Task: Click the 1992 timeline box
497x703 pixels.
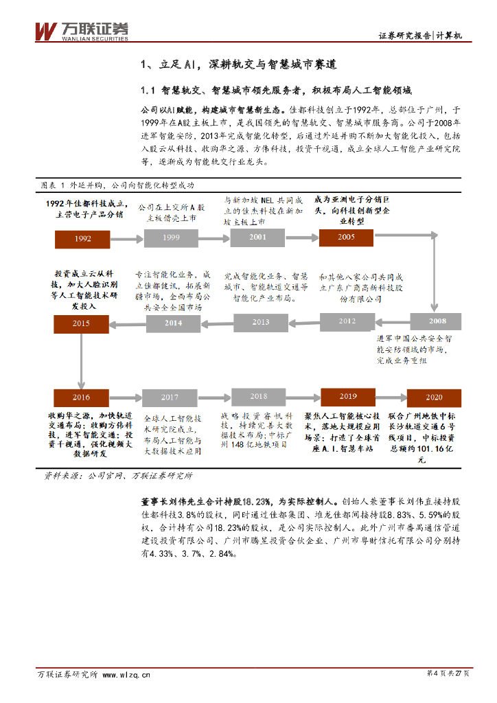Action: [82, 238]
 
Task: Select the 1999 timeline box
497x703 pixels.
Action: [171, 238]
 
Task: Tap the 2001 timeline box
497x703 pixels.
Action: [257, 237]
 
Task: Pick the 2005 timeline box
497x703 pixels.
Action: [347, 237]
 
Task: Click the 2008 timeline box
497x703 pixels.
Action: [437, 321]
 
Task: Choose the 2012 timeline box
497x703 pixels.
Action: [347, 321]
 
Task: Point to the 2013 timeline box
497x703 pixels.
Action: [261, 321]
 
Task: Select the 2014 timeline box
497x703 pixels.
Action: [173, 322]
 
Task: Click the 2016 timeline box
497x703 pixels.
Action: [81, 397]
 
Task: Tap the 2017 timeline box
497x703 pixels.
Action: [170, 397]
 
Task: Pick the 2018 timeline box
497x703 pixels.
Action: [258, 396]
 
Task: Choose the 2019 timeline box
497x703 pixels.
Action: [347, 396]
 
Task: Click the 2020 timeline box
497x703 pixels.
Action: [434, 397]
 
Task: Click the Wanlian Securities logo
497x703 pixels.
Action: [82, 30]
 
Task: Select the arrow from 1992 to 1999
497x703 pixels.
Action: [126, 238]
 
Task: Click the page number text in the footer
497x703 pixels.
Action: [448, 674]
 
